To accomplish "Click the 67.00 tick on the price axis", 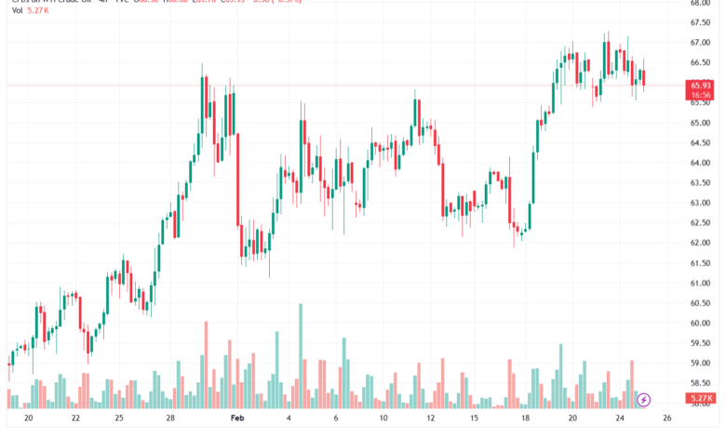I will (x=701, y=43).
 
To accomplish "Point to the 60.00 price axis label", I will (x=701, y=324).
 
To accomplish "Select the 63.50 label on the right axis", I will (x=701, y=183).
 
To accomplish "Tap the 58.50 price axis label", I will (x=701, y=382).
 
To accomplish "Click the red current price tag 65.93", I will (x=701, y=85).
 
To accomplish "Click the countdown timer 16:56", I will (x=701, y=94).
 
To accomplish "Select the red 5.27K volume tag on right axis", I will (x=701, y=398).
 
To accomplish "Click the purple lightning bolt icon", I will (x=644, y=399).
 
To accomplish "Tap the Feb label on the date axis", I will (x=238, y=419).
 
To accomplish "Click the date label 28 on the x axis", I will (x=170, y=419).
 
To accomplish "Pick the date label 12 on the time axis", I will (x=429, y=419).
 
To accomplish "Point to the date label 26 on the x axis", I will (x=665, y=419).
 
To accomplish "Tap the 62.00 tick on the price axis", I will (x=701, y=243).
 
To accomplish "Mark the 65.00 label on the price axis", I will (x=701, y=123).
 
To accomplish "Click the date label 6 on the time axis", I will (x=336, y=419).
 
